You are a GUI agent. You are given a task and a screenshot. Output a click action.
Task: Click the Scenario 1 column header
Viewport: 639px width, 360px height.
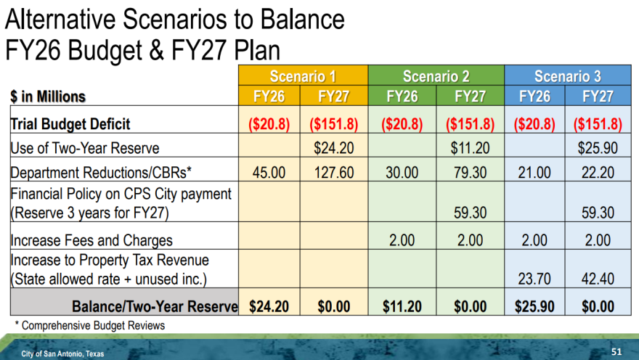click(x=303, y=75)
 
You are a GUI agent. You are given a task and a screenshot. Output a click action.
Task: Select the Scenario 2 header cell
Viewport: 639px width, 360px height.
click(x=436, y=75)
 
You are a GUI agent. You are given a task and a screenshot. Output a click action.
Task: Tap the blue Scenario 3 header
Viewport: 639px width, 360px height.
click(x=568, y=75)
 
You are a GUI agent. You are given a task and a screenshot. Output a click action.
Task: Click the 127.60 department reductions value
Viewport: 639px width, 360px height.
click(x=334, y=172)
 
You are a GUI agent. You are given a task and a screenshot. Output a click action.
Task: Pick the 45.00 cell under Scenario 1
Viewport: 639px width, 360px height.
click(x=269, y=172)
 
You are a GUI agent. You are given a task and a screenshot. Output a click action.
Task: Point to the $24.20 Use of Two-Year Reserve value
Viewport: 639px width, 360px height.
click(x=334, y=148)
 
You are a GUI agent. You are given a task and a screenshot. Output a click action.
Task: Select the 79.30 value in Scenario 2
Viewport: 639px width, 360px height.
click(x=471, y=172)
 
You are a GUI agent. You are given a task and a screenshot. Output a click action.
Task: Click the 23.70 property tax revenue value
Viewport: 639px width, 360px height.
click(x=534, y=279)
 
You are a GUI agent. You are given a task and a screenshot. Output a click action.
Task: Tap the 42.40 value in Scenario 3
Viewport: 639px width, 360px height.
click(x=598, y=279)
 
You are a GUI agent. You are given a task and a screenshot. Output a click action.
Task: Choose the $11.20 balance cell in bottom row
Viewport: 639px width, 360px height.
click(x=402, y=306)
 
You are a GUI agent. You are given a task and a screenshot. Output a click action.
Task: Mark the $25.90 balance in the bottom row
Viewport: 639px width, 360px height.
click(x=534, y=306)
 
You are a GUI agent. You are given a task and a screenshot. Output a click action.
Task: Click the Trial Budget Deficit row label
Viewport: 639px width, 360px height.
click(x=70, y=124)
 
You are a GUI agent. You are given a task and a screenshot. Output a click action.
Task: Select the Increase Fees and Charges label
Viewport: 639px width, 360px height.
click(x=91, y=240)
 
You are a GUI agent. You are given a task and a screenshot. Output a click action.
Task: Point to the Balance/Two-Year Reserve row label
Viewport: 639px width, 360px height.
click(x=155, y=306)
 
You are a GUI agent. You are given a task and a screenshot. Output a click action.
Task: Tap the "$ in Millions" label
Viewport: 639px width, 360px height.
click(x=48, y=97)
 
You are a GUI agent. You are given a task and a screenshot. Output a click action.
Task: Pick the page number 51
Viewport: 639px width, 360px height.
click(x=616, y=352)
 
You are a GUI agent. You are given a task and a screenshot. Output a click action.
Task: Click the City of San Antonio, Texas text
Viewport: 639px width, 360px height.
click(x=62, y=354)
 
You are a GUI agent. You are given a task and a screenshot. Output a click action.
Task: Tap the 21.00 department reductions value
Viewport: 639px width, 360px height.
click(x=534, y=172)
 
